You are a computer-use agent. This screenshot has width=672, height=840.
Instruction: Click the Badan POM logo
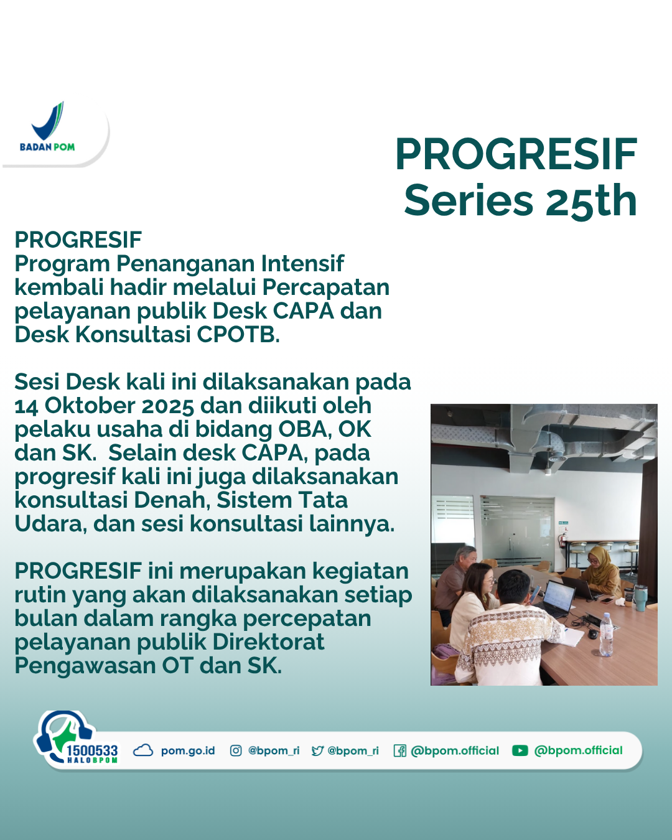tap(47, 127)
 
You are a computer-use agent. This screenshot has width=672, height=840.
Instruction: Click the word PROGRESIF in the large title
tap(516, 154)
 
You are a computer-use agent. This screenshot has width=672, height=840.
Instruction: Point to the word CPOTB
tap(238, 335)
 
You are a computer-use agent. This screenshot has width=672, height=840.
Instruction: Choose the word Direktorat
tap(269, 642)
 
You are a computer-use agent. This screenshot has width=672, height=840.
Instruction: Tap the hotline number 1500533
tap(92, 750)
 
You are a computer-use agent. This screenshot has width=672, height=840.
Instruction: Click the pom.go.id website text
tap(188, 751)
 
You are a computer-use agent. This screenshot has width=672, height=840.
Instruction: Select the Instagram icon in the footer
tap(235, 750)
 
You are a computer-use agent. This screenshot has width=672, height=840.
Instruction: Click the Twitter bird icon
tap(317, 750)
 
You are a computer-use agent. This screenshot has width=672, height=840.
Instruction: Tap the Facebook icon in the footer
tap(400, 750)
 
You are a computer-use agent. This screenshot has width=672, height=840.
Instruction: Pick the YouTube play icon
tap(520, 750)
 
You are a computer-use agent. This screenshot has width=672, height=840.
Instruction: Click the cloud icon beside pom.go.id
tap(143, 750)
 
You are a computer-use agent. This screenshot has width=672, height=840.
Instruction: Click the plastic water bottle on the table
tap(605, 635)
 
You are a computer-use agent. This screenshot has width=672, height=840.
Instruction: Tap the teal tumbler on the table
tap(641, 598)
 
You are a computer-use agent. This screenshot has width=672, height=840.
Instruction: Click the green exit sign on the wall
tap(563, 522)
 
